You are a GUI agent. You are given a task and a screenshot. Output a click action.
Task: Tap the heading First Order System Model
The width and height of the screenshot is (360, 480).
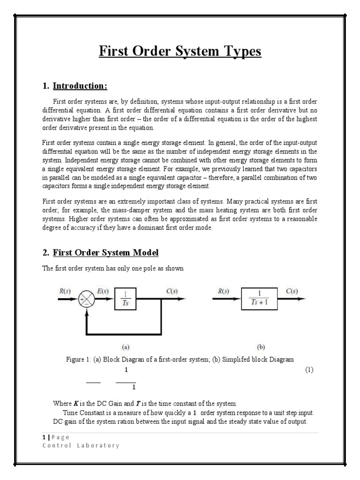(x=105, y=253)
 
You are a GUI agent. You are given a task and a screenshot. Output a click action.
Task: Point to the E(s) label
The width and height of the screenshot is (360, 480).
(x=102, y=291)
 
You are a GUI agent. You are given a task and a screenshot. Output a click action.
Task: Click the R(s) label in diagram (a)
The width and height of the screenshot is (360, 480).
(x=65, y=291)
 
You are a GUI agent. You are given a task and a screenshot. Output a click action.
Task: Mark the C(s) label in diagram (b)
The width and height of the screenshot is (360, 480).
(x=292, y=291)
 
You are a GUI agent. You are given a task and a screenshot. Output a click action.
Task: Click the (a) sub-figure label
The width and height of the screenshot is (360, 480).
(x=126, y=347)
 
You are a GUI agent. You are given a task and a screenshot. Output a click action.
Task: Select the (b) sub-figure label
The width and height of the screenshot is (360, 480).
(x=262, y=347)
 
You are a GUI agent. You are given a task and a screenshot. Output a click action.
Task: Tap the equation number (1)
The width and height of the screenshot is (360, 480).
(x=309, y=370)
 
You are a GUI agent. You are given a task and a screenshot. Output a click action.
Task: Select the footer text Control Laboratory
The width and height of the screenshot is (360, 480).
(x=81, y=445)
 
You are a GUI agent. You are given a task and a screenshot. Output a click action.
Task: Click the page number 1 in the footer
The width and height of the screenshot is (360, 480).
(x=44, y=437)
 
